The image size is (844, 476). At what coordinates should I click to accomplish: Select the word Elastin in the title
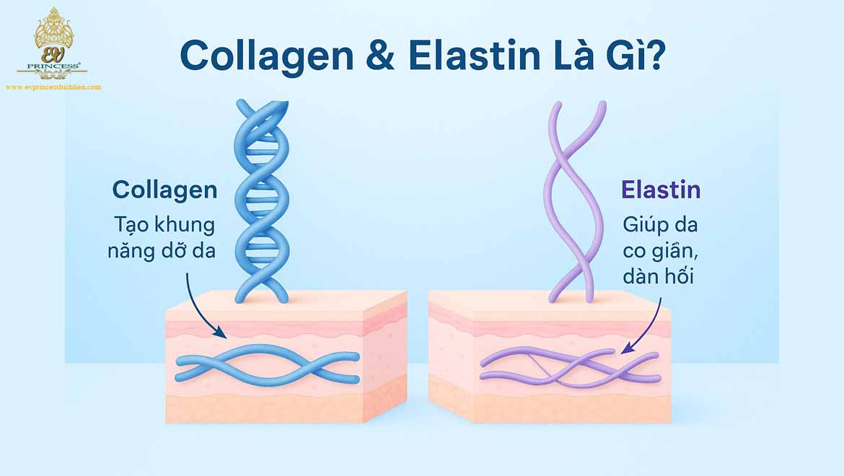[465, 55]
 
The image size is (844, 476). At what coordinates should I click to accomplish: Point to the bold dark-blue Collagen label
[164, 190]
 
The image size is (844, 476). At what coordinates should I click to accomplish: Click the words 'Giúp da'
[660, 224]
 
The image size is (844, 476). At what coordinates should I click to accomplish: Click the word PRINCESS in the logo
[53, 66]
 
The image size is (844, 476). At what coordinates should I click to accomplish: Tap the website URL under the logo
[53, 87]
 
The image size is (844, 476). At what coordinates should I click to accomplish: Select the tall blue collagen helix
[261, 198]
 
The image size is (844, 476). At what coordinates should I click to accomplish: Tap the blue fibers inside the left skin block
[267, 366]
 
